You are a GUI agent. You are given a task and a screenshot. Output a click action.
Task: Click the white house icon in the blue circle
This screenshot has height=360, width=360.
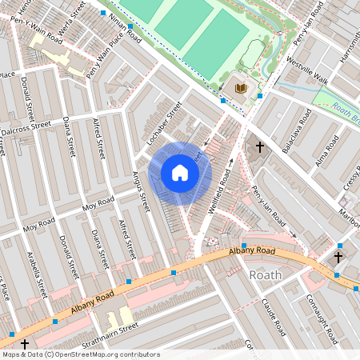tap(180, 173)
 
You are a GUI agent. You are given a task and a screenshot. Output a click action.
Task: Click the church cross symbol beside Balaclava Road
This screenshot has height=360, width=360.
tap(259, 148)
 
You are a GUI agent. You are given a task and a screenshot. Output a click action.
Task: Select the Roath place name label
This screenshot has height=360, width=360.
tap(265, 275)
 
